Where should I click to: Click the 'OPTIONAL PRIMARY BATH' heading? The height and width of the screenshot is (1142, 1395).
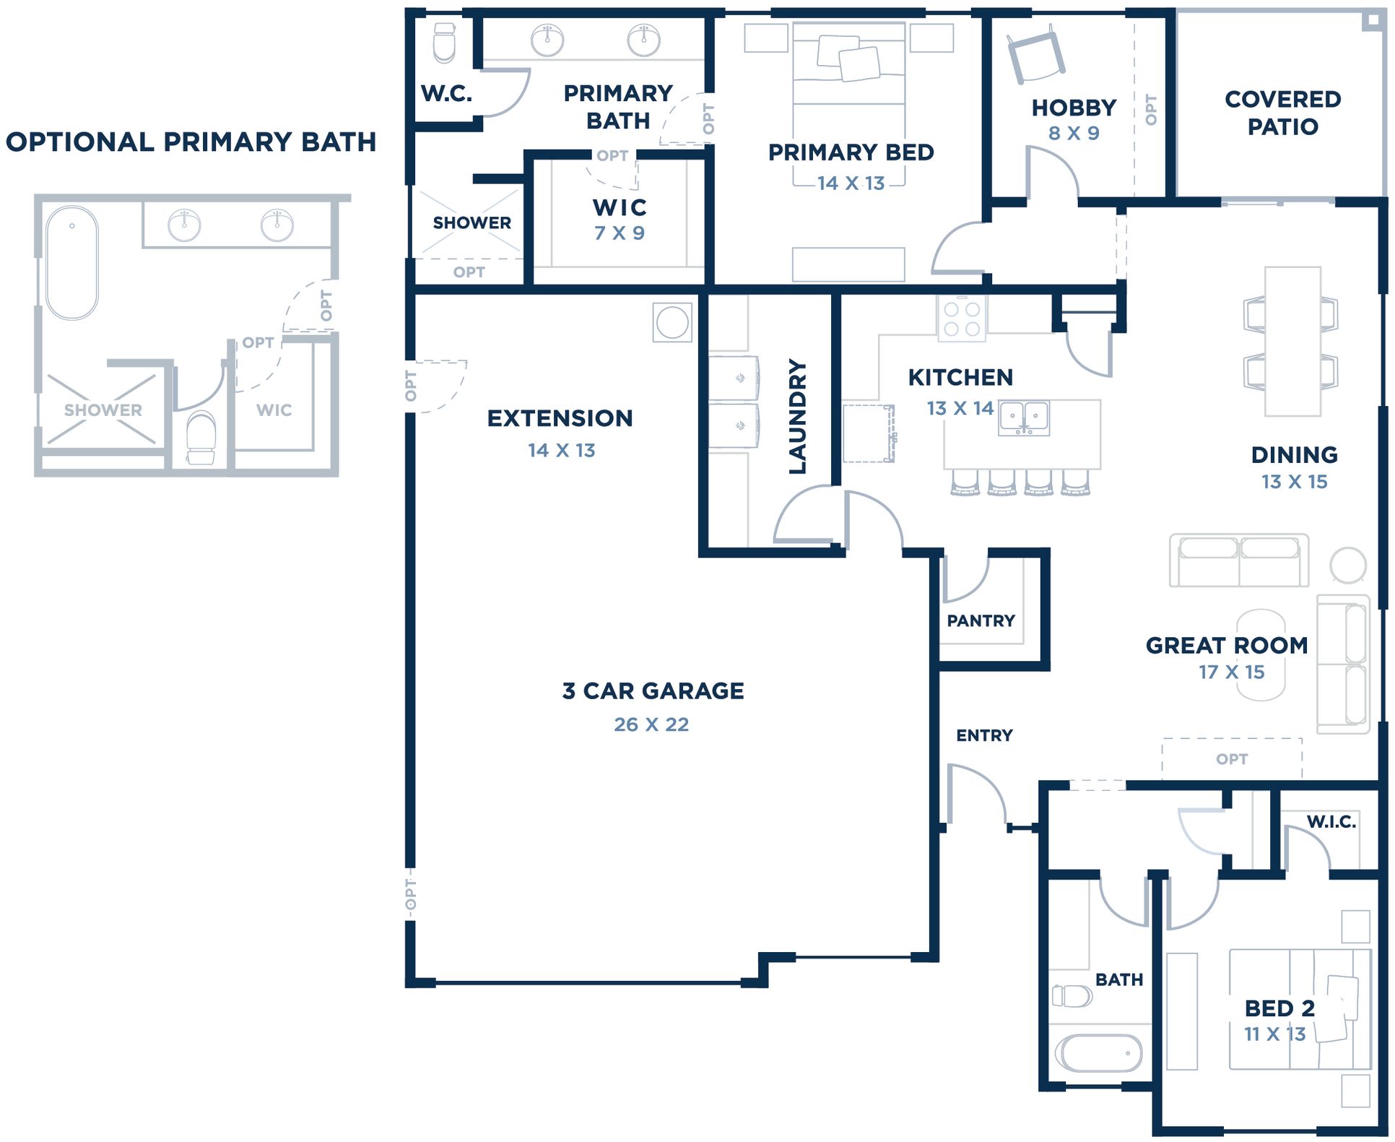[x=191, y=142]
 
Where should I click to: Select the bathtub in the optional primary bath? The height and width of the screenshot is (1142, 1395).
[x=71, y=263]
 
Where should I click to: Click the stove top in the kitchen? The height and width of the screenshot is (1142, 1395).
[x=962, y=319]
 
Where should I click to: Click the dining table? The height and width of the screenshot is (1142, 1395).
[x=1292, y=342]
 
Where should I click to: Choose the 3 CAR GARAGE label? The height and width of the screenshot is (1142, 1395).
[x=653, y=691]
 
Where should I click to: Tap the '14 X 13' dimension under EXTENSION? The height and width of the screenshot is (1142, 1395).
[x=561, y=450]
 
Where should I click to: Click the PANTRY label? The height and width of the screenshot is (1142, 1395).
[x=981, y=620]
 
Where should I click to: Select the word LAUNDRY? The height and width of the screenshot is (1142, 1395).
[x=797, y=417]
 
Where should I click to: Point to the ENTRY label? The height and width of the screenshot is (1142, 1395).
[x=984, y=735]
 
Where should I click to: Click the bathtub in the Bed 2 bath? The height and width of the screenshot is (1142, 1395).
[x=1098, y=1053]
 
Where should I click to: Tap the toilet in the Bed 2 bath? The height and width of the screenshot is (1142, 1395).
[x=1072, y=996]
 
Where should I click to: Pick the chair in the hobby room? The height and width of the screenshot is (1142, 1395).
[x=1036, y=53]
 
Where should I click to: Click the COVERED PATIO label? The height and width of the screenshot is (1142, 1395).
[x=1283, y=113]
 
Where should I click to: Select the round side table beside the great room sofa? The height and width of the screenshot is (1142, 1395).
[x=1348, y=565]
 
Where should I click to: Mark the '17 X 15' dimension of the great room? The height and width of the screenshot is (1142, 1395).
[x=1232, y=672]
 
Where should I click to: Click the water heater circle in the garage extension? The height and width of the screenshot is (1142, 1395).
[x=672, y=322]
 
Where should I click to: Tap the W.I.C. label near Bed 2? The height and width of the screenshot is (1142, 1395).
[x=1331, y=821]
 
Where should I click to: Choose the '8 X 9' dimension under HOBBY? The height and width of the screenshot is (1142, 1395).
[x=1074, y=133]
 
